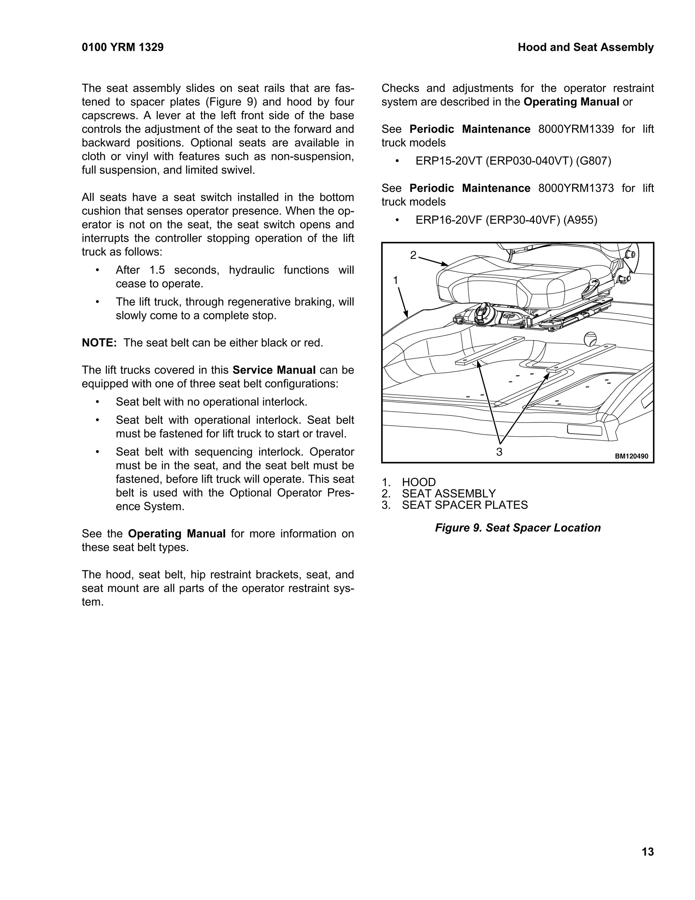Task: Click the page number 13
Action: (x=647, y=851)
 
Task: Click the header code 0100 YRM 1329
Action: (x=123, y=48)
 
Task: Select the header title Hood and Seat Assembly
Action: (x=585, y=48)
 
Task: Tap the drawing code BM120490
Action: (x=632, y=456)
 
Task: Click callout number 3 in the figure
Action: (x=499, y=452)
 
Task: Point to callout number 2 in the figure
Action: (x=413, y=255)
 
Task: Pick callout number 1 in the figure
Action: (x=396, y=280)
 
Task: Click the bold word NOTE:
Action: (x=99, y=343)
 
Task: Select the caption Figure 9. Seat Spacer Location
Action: (x=518, y=528)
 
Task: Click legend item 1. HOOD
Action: (x=409, y=482)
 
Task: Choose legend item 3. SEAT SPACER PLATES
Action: (x=454, y=505)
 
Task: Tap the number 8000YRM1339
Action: (x=576, y=129)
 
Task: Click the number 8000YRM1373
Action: (x=576, y=188)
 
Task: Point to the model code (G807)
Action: (x=593, y=161)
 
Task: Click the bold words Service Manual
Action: (x=274, y=370)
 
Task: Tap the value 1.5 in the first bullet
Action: (x=157, y=270)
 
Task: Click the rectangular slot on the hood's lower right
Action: (x=585, y=429)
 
